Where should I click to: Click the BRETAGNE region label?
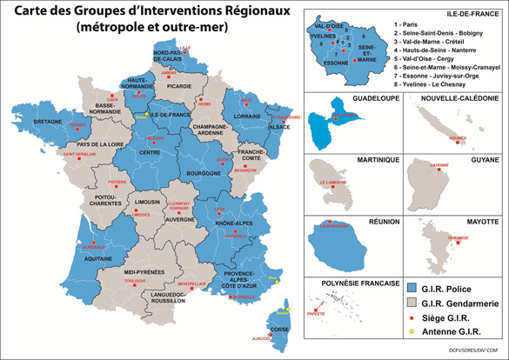click(x=37, y=123)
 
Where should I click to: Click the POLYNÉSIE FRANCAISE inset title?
click(x=345, y=282)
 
